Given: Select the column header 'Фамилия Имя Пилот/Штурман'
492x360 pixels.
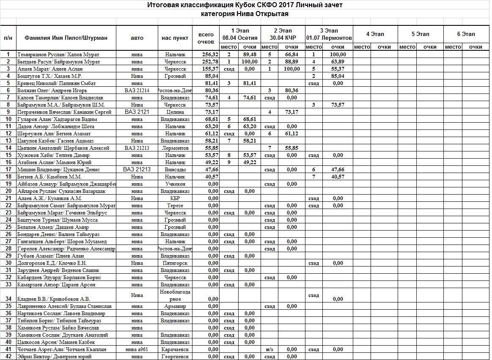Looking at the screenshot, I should tap(66, 38).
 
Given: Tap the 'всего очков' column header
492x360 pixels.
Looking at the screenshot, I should tap(206, 38).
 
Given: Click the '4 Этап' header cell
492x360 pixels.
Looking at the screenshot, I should tap(375, 34).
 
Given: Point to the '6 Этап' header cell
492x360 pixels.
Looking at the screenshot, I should tap(466, 34).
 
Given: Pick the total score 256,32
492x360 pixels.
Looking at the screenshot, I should tap(210, 55).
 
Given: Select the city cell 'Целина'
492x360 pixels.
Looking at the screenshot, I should tap(175, 112).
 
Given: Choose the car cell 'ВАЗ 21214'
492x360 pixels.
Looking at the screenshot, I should tap(137, 91).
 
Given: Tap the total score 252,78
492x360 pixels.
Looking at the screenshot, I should tap(210, 62).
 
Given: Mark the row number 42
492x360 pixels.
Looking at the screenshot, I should tap(8, 357).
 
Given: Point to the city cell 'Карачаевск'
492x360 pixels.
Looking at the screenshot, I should tap(175, 349).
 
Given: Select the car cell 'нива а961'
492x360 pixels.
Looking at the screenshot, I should tap(137, 349).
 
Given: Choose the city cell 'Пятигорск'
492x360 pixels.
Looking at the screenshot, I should tap(175, 263).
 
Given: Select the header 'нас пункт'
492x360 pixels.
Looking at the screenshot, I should tap(175, 38).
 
